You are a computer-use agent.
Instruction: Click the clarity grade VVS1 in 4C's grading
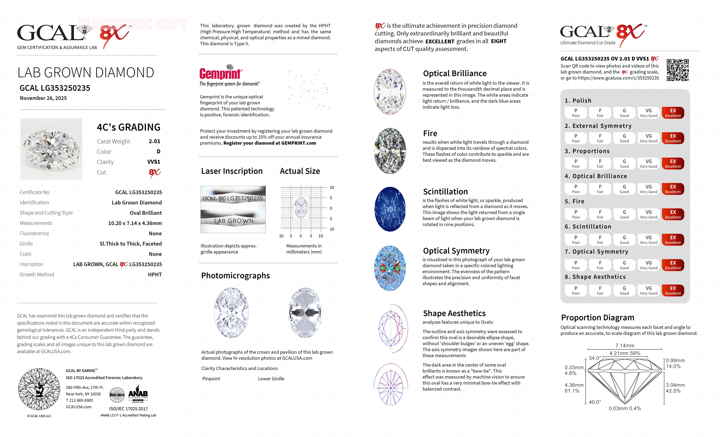pyautogui.click(x=154, y=162)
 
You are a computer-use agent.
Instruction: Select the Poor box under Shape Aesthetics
pyautogui.click(x=576, y=290)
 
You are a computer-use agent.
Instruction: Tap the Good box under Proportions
pyautogui.click(x=624, y=164)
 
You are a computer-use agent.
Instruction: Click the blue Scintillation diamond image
pyautogui.click(x=390, y=209)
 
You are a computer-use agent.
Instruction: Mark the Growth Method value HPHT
pyautogui.click(x=155, y=275)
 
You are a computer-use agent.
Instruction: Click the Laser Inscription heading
pyautogui.click(x=232, y=171)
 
